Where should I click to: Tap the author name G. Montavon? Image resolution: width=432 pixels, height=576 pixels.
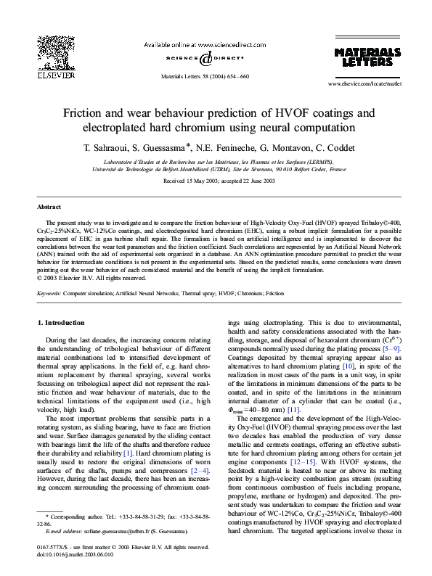(290, 147)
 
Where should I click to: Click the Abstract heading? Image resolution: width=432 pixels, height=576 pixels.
(49, 207)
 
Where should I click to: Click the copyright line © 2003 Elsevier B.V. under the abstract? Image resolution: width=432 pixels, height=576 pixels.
(89, 277)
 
